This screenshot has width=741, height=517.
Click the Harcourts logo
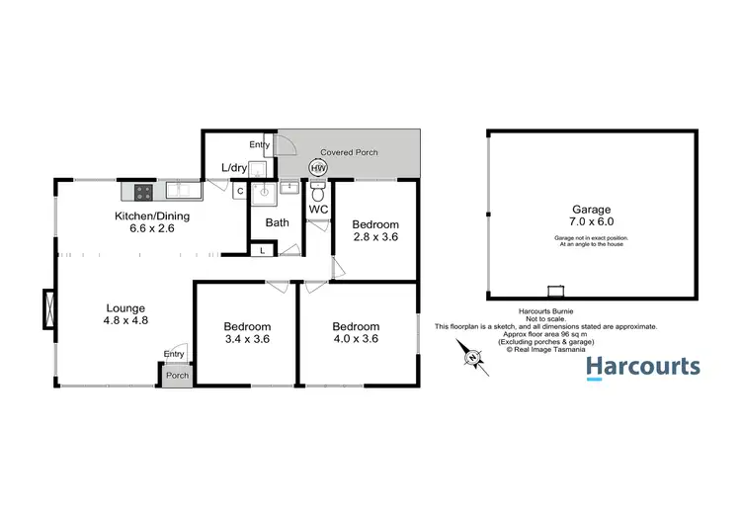643,368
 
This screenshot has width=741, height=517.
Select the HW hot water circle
318,168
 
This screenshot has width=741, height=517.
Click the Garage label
591,210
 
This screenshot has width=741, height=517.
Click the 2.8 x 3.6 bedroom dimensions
375,238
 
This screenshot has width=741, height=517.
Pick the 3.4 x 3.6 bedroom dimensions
246,340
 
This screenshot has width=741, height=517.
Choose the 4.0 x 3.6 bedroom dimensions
356,340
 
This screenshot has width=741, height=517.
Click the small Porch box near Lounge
177,376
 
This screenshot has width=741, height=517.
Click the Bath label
277,222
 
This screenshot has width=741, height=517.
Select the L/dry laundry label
234,168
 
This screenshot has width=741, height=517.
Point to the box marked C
239,192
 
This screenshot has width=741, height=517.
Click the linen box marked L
262,251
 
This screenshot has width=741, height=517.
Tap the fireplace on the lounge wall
47,308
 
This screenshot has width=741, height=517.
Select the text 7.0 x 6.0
591,224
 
